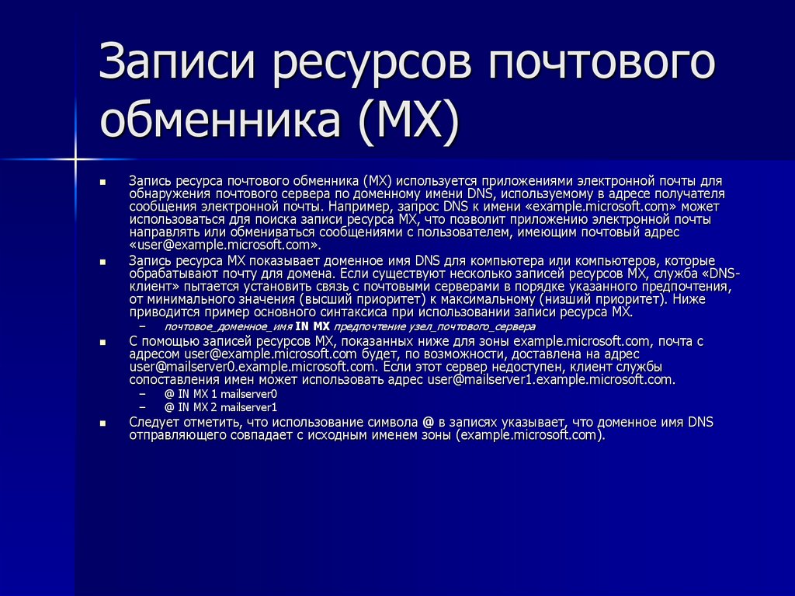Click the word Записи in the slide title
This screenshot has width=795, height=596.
(x=179, y=65)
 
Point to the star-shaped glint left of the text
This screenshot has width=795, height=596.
(x=75, y=159)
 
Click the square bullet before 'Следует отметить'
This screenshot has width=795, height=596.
(x=102, y=423)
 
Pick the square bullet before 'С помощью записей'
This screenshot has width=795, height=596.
(x=102, y=342)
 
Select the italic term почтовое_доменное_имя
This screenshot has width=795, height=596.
(x=228, y=327)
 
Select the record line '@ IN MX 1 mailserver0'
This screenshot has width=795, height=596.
(x=220, y=394)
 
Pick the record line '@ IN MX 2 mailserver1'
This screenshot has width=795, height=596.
(x=220, y=407)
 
